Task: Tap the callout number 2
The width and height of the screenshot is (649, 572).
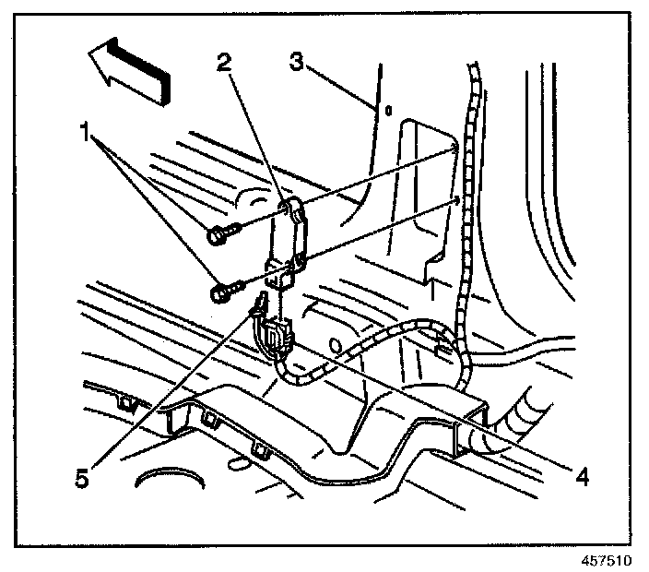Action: tap(222, 63)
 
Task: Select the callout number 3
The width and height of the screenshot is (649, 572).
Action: tap(296, 62)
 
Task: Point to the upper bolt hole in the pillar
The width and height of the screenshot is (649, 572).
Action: tap(454, 149)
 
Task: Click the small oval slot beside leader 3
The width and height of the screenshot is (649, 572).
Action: tap(389, 113)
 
